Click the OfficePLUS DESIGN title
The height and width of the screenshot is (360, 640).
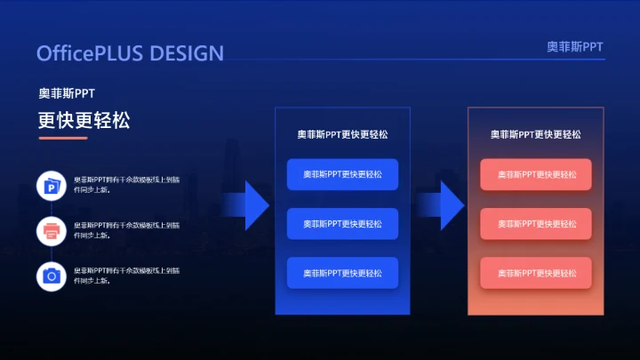[130, 53]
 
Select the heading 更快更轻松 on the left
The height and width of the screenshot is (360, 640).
[84, 120]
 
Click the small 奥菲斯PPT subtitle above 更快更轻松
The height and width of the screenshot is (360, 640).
[67, 93]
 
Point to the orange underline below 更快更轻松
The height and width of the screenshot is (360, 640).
[62, 138]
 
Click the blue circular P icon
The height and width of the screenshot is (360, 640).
[52, 186]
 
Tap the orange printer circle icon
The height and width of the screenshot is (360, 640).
[52, 231]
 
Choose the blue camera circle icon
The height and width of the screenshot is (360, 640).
[52, 276]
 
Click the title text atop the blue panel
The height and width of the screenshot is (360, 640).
[342, 134]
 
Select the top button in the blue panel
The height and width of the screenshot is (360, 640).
[342, 174]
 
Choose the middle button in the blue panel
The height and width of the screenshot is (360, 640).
[342, 224]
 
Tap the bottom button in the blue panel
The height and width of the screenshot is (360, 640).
[342, 273]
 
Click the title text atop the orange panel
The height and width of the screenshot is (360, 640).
[536, 134]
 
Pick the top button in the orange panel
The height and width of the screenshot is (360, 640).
[536, 174]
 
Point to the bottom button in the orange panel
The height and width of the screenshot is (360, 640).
[536, 273]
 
